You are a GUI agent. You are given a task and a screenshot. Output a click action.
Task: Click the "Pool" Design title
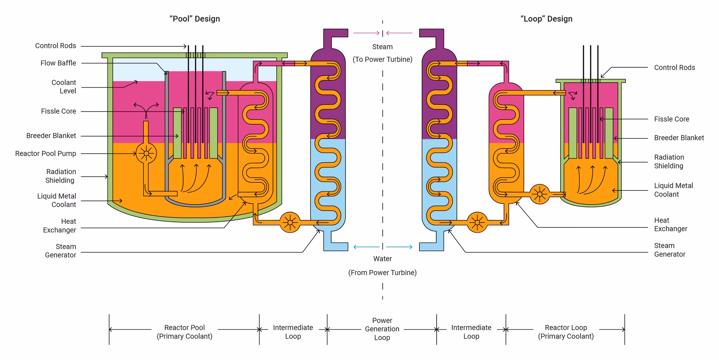point(195,19)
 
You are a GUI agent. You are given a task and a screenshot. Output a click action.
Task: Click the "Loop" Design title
point(546,19)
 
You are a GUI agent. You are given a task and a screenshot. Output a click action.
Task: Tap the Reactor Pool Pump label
point(45,154)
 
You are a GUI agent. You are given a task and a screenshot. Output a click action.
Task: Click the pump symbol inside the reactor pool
point(146,153)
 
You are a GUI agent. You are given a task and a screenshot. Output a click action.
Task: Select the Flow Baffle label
point(58,63)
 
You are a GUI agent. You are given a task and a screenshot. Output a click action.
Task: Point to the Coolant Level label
point(64,87)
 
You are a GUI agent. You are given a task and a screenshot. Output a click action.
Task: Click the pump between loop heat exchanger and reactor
point(540,194)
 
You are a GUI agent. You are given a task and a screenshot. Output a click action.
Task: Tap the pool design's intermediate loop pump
point(290,223)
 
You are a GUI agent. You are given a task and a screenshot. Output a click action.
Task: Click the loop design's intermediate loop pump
point(477,223)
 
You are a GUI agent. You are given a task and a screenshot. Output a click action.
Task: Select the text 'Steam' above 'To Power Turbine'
point(382,47)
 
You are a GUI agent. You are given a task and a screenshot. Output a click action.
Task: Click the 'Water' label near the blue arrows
point(382,259)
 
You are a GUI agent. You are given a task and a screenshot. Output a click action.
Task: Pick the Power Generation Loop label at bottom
point(382,329)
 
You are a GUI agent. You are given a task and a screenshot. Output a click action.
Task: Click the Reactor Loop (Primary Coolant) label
point(566,332)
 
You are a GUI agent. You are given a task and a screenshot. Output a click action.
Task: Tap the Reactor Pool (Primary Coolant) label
point(184,332)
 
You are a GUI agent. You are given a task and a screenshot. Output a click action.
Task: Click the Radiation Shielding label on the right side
point(669,162)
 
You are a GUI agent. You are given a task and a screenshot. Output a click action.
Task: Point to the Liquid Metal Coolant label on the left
point(57,201)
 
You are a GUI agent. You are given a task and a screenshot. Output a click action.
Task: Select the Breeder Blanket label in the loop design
point(679,138)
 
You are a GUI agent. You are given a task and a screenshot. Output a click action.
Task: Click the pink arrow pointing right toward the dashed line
point(366,33)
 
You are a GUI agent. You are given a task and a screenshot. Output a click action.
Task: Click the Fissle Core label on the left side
point(58,112)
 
